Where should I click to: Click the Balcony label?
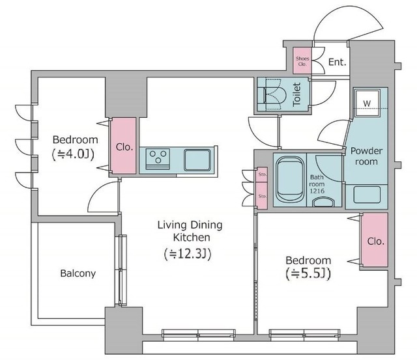(78, 273)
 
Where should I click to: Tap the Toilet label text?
(296, 94)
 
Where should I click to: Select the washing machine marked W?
(367, 103)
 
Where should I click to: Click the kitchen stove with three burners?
(158, 159)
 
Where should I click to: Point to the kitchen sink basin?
(197, 159)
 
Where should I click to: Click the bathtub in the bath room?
(289, 179)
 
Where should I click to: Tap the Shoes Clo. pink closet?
(302, 61)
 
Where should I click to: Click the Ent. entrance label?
(338, 62)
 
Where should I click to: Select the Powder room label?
(366, 156)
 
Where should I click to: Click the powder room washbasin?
(367, 195)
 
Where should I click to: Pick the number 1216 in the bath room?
(317, 191)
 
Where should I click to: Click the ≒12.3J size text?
(188, 254)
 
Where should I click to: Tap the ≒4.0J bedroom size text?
(74, 154)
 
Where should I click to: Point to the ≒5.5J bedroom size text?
(308, 273)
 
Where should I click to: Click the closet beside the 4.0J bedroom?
(124, 146)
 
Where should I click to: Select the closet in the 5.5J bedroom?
(375, 240)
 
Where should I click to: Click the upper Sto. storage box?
(262, 174)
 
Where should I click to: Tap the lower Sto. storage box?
(262, 196)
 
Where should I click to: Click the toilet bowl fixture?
(275, 94)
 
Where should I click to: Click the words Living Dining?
(190, 225)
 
